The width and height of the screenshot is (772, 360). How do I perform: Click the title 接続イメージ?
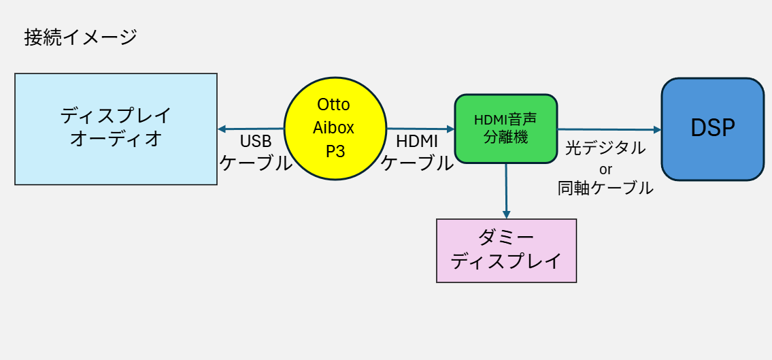[80, 38]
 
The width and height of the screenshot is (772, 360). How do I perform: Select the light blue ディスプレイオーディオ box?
[116, 129]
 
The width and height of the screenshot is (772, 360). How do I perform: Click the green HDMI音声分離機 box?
[505, 129]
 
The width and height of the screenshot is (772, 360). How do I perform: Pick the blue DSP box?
[712, 129]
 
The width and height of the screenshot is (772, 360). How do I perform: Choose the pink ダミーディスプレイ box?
[506, 250]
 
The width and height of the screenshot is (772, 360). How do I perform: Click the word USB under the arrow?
[256, 142]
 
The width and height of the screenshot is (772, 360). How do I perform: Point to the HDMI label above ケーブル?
[417, 142]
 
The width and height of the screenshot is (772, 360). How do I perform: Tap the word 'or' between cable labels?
[605, 169]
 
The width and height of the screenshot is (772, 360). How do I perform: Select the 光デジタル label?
[605, 148]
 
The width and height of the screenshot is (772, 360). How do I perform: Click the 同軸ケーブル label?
[605, 188]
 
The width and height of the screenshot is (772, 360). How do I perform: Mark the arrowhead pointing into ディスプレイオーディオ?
[221, 129]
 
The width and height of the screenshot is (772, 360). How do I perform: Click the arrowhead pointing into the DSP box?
[657, 129]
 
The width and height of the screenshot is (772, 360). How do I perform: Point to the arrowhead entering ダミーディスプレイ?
[506, 215]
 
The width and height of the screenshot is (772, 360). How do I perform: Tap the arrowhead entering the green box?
[450, 129]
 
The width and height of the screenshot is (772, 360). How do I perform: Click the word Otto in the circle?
[333, 104]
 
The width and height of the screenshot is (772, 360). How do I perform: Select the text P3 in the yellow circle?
[335, 152]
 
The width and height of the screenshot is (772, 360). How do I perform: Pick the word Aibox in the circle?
[333, 128]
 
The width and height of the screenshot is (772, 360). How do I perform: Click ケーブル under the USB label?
[256, 163]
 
